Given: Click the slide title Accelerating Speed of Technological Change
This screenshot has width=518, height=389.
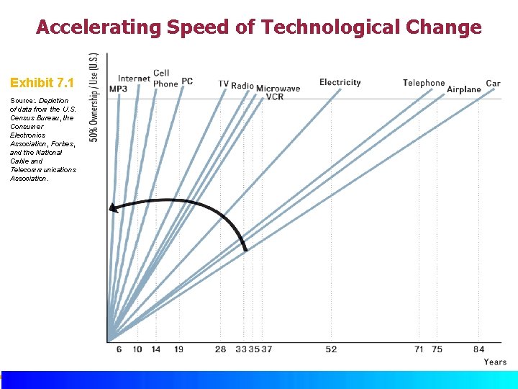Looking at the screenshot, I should pyautogui.click(x=258, y=27).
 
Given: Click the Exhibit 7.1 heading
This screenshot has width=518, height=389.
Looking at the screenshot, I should pyautogui.click(x=42, y=84).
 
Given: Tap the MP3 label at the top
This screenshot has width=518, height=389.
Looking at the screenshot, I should pyautogui.click(x=118, y=89).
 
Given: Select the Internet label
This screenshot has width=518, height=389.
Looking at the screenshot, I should pyautogui.click(x=134, y=79).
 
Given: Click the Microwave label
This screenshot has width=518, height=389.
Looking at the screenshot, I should pyautogui.click(x=278, y=89).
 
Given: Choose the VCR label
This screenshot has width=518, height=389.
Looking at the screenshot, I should pyautogui.click(x=274, y=97).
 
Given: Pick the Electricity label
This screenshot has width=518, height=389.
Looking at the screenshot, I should pyautogui.click(x=340, y=83).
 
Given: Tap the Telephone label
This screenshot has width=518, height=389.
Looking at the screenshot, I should pyautogui.click(x=423, y=84).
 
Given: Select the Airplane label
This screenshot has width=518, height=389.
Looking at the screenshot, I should pyautogui.click(x=463, y=89).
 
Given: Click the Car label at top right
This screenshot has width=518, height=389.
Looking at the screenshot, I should pyautogui.click(x=493, y=84).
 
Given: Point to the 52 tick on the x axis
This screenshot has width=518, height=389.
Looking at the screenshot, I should pyautogui.click(x=330, y=349).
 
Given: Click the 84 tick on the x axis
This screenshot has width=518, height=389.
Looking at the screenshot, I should pyautogui.click(x=478, y=349).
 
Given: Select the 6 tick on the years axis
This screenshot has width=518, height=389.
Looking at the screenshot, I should pyautogui.click(x=119, y=349).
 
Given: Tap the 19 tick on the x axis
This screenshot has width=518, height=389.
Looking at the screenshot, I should pyautogui.click(x=178, y=349).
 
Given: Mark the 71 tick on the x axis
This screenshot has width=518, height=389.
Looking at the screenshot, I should pyautogui.click(x=419, y=349).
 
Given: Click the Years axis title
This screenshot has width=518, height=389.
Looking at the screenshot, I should pyautogui.click(x=495, y=362).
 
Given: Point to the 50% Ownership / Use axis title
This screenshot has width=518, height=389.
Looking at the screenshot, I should pyautogui.click(x=94, y=97).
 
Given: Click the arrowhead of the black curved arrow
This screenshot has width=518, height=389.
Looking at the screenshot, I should pyautogui.click(x=112, y=208).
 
